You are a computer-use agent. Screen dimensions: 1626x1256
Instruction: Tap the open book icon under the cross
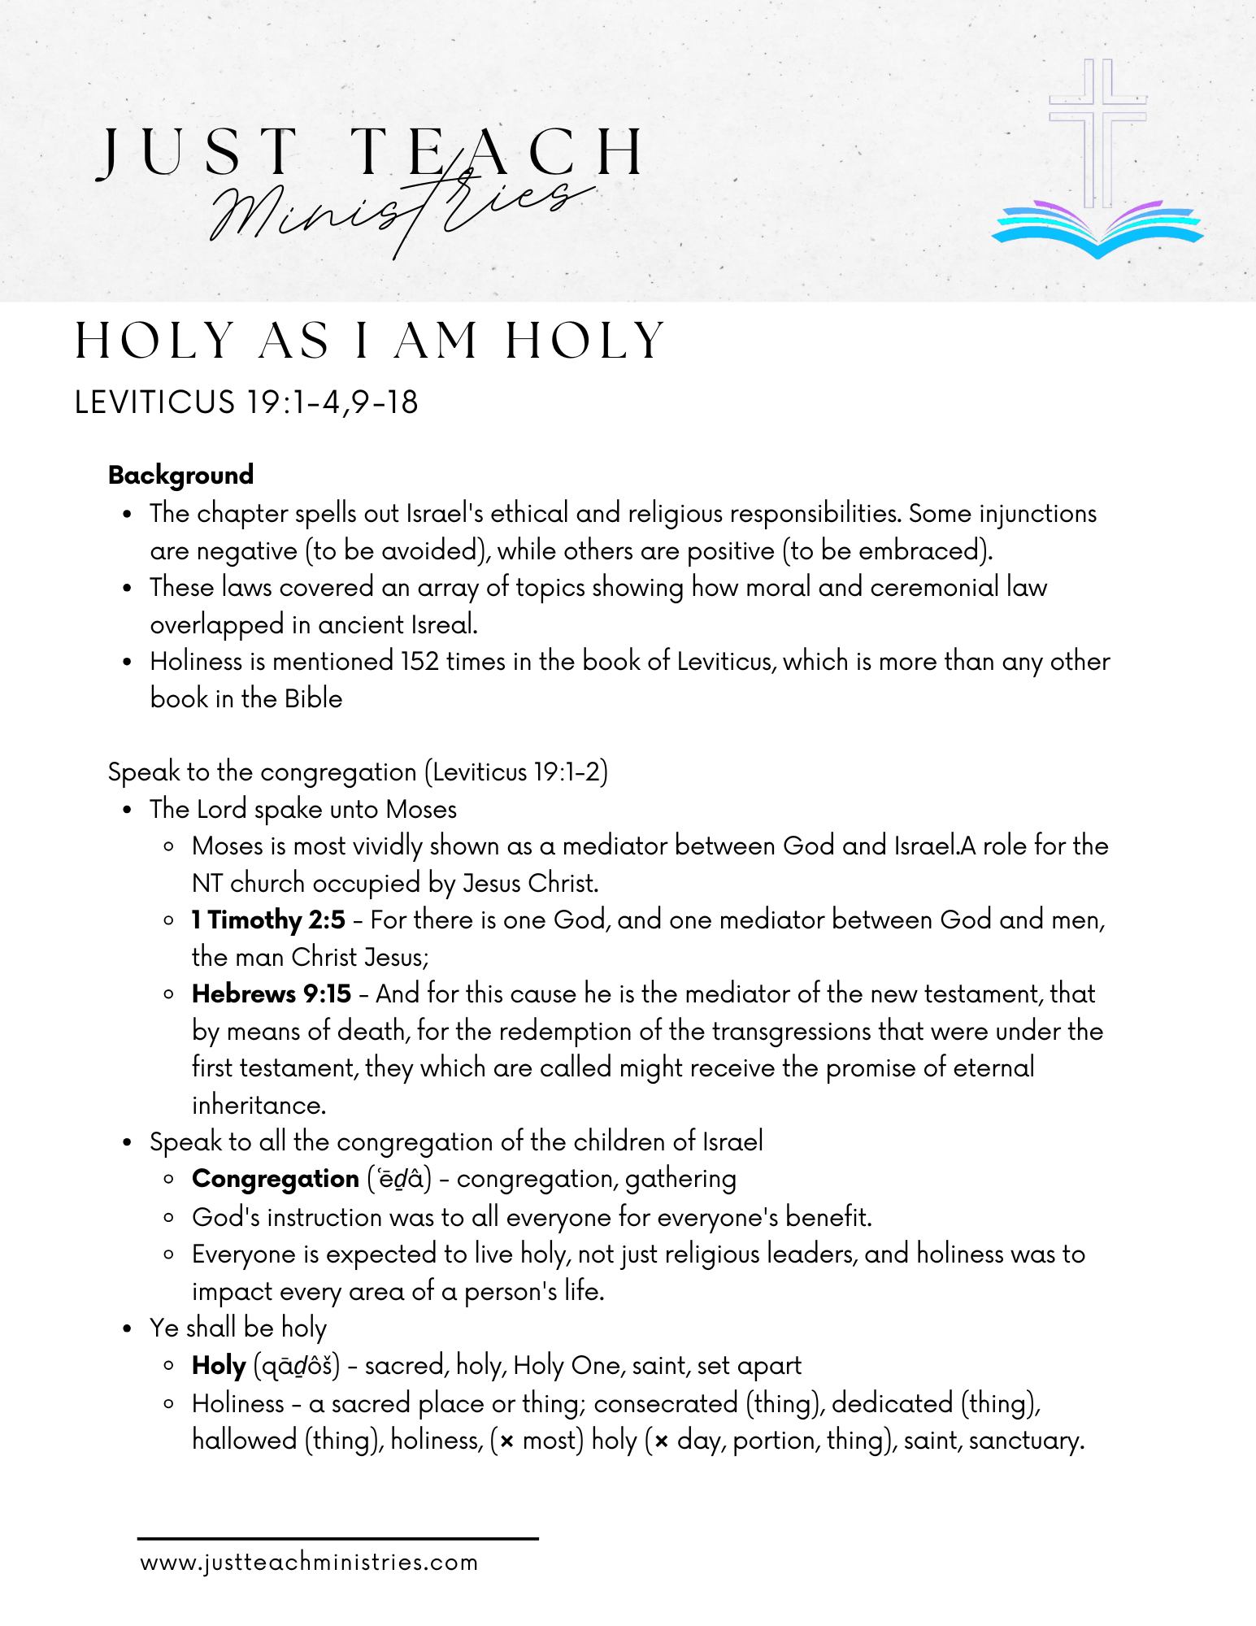(x=1097, y=229)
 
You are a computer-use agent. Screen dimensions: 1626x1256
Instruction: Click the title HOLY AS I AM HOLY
(x=370, y=341)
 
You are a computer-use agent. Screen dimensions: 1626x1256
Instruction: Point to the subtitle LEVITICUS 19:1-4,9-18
(x=246, y=402)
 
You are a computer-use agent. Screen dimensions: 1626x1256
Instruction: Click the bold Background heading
(x=180, y=475)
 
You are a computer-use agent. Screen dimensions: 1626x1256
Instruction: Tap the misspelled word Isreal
(x=443, y=625)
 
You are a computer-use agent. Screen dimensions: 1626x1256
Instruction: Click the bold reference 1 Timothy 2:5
(x=268, y=920)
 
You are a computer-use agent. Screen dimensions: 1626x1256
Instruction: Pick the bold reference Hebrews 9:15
(x=272, y=994)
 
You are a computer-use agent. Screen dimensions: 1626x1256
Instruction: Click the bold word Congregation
(x=275, y=1179)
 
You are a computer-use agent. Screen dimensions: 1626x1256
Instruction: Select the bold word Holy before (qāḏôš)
(x=219, y=1366)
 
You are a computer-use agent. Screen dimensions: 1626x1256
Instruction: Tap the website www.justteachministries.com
(x=309, y=1563)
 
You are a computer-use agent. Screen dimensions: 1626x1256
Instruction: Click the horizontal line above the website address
(x=337, y=1538)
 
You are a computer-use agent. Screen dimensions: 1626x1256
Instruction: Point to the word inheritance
(x=259, y=1106)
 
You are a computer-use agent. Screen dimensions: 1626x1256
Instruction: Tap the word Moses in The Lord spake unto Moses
(x=421, y=810)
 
